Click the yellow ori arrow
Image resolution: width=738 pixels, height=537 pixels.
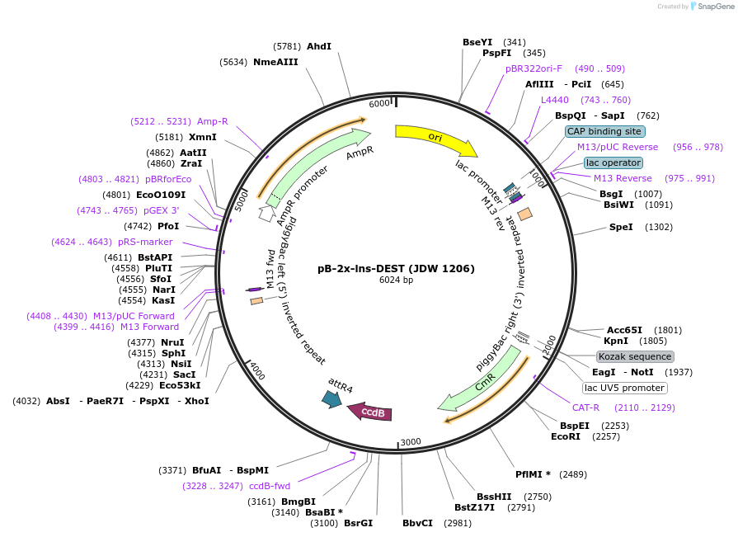pos(435,139)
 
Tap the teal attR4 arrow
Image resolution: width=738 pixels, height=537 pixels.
pos(332,398)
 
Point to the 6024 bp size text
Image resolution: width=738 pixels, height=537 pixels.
pos(396,280)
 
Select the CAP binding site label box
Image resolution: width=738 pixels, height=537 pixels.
pos(604,131)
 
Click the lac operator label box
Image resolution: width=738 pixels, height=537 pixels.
pos(613,163)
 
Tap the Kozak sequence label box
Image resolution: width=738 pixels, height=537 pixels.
pos(635,356)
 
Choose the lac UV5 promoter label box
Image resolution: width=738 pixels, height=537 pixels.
pos(624,388)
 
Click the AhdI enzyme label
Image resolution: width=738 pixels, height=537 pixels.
pos(318,46)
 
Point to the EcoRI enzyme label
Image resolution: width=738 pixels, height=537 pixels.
pos(566,436)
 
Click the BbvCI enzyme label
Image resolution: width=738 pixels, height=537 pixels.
pos(417,523)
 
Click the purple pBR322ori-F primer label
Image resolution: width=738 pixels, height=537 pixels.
pos(534,68)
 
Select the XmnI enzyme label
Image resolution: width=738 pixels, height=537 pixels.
pos(203,137)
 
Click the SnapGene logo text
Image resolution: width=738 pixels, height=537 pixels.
pos(715,6)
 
